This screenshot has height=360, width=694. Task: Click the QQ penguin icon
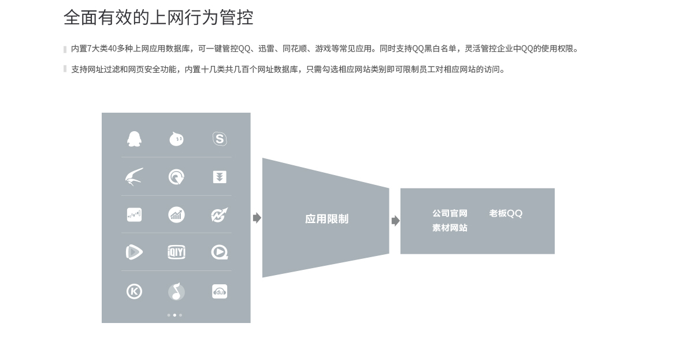135,139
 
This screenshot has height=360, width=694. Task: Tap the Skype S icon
220,139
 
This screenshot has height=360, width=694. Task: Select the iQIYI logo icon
176,252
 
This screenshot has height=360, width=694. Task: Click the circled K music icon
135,292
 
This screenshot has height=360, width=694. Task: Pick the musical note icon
176,292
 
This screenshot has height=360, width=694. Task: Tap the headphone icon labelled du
220,292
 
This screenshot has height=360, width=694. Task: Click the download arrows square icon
220,177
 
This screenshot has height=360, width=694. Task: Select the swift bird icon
135,177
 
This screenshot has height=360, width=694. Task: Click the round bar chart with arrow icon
176,215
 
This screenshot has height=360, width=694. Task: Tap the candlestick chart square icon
135,215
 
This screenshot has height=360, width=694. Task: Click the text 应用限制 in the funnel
327,219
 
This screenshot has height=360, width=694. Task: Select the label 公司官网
450,213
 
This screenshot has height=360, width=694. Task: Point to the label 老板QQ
506,213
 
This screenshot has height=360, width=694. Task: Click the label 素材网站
450,228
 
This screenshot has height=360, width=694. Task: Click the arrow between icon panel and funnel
257,218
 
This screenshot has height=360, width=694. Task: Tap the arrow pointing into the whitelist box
396,221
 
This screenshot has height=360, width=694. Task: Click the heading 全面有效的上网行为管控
159,17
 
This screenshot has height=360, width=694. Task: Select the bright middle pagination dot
175,315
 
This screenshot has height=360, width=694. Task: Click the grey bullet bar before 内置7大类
65,49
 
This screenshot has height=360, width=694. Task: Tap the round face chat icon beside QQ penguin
176,139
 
